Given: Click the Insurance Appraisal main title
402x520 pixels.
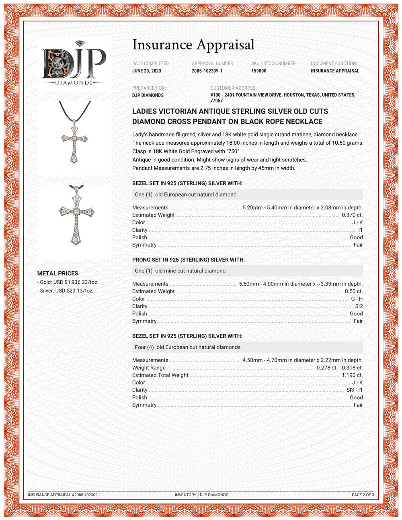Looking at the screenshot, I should (193, 45).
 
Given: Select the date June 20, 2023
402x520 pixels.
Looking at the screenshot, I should (147, 71).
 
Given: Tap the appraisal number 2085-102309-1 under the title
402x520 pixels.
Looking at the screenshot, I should (207, 71).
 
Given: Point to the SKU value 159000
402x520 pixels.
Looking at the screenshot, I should (259, 71).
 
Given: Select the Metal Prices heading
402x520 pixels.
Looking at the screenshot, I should (58, 273).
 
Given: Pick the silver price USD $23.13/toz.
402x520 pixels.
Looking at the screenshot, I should (67, 291).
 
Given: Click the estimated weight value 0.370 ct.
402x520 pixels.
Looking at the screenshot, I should (352, 215).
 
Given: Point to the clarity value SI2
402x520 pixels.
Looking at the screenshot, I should (359, 306).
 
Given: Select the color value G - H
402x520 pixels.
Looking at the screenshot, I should (357, 299).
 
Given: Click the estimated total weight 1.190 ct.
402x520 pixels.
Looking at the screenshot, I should (352, 375).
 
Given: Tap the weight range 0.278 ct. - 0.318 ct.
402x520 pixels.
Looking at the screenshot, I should (339, 368).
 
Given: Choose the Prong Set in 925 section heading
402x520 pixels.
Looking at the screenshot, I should (189, 260).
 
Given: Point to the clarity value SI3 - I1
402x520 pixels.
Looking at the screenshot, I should (354, 390).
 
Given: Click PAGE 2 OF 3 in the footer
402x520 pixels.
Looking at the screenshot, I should (363, 495).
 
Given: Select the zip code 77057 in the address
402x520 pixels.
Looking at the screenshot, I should (216, 101).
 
